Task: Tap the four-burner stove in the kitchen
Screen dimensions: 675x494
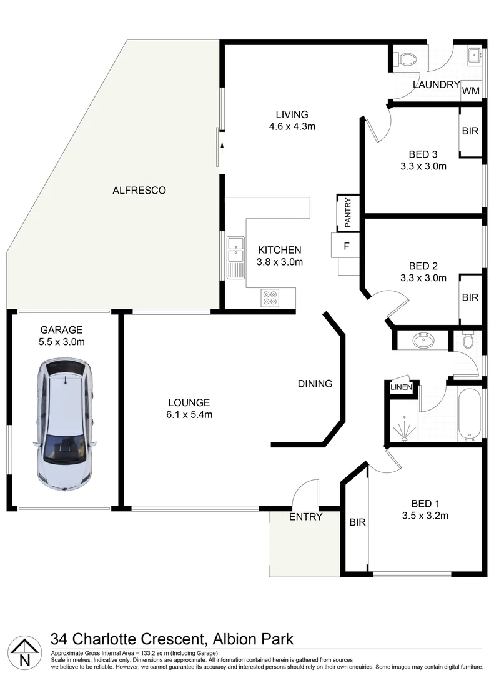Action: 270,297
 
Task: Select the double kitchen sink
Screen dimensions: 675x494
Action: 235,250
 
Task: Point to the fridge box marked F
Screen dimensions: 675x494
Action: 346,246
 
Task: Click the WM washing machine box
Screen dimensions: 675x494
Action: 471,91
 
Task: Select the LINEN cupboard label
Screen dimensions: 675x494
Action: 400,387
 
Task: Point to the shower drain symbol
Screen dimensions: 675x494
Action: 403,437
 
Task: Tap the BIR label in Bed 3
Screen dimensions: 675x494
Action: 470,132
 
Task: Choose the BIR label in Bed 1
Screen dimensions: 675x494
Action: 357,522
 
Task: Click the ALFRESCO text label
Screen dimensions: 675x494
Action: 139,191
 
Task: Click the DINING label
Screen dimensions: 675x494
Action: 315,384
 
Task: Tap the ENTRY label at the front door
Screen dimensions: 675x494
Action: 305,517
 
